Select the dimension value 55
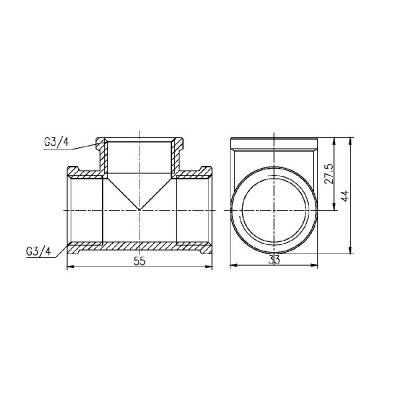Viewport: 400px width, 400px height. click(140, 259)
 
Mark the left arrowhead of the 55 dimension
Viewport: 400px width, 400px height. click(68, 265)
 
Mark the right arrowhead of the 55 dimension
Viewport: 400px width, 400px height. click(212, 265)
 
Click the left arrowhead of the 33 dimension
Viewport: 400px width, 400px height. click(232, 265)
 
